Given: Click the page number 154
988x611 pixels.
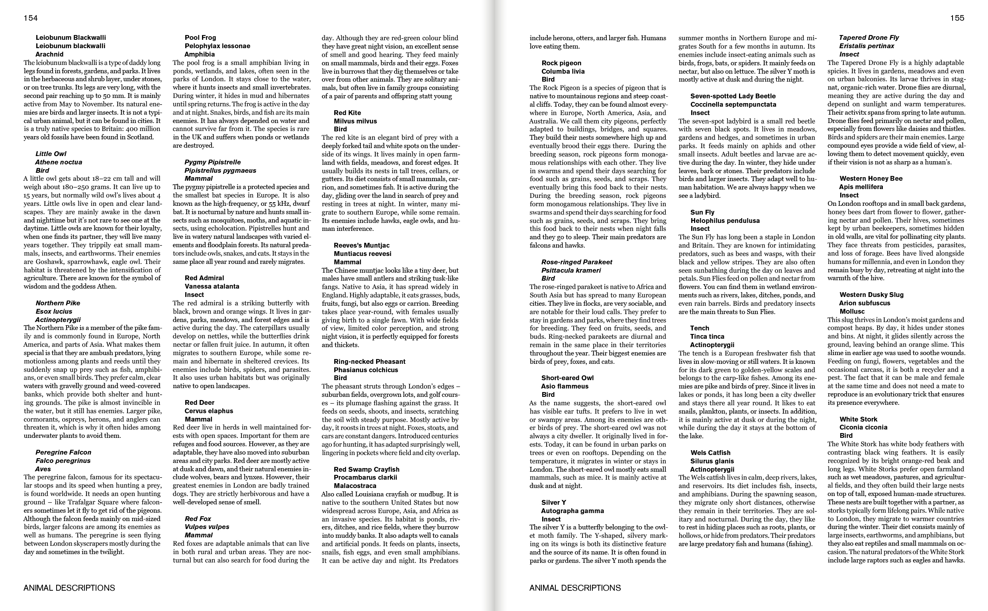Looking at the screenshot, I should click(x=31, y=18).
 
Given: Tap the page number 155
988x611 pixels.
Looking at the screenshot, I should click(x=957, y=18).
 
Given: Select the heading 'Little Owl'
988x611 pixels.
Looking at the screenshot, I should click(x=51, y=154).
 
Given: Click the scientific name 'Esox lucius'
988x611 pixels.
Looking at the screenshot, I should click(x=54, y=311).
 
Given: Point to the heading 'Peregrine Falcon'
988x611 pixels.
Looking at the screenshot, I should click(x=63, y=452).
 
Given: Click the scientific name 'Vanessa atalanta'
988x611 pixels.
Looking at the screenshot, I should click(x=212, y=286).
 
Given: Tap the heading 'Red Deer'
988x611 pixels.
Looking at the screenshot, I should click(x=199, y=402).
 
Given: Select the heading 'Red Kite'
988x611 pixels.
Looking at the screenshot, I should click(x=347, y=113).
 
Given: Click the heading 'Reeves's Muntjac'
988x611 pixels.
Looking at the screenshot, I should click(x=362, y=245).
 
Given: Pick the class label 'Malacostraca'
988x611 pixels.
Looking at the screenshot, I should click(x=355, y=486).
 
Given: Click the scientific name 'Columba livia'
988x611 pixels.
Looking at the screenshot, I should click(x=563, y=71).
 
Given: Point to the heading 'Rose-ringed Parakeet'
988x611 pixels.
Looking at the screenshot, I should click(x=577, y=262).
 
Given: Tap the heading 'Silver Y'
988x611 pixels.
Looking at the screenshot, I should click(x=553, y=502).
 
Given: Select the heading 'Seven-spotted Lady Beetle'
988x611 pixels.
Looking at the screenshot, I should click(x=733, y=96).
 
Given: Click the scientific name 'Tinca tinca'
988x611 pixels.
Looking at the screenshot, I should click(x=707, y=336).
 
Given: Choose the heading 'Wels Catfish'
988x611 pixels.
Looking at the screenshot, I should click(x=710, y=453).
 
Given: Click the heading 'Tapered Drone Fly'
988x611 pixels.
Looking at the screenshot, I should click(x=869, y=37).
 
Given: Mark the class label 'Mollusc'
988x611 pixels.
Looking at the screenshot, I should click(x=852, y=311).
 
